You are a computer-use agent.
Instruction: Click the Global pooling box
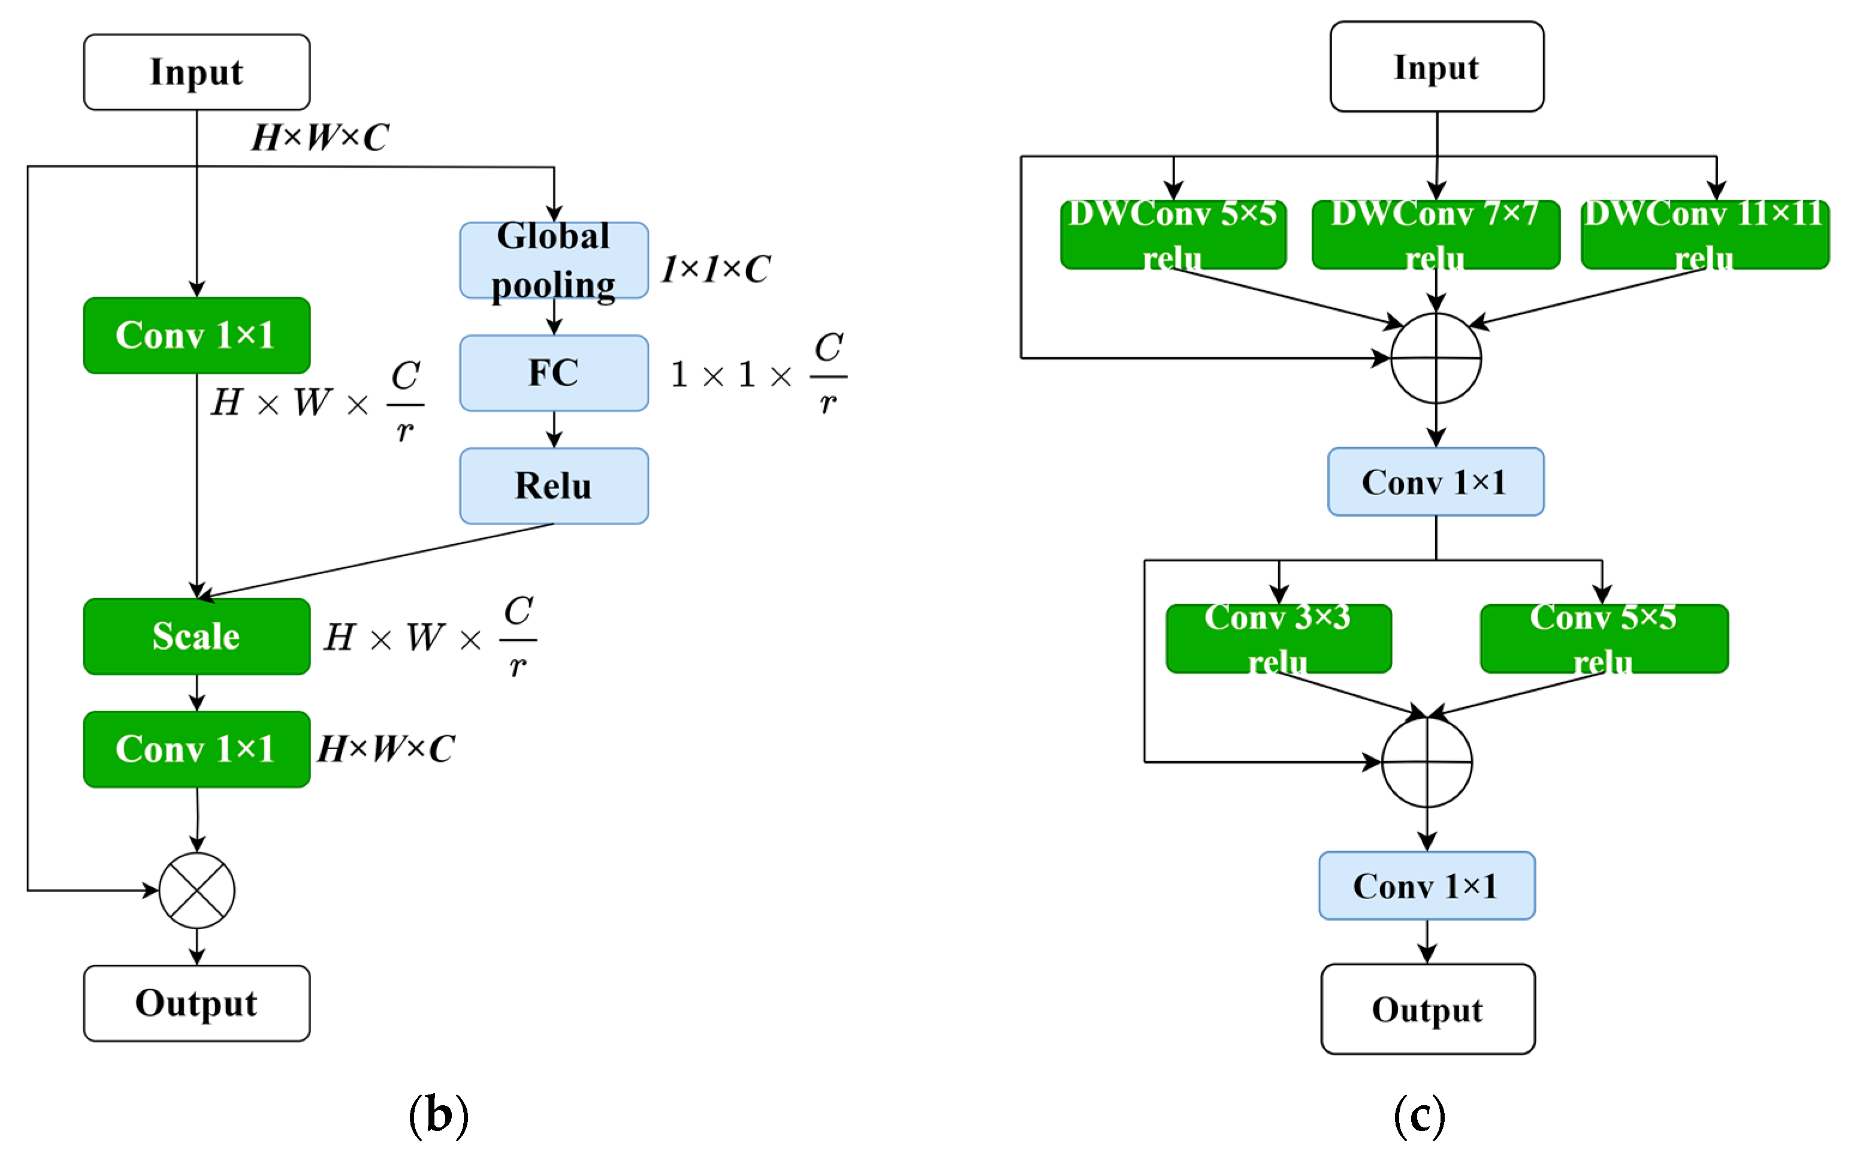point(553,260)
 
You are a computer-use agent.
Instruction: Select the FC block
point(553,373)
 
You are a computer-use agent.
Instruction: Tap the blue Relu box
point(553,485)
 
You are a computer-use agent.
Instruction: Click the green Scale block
point(197,636)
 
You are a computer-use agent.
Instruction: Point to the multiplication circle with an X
point(197,890)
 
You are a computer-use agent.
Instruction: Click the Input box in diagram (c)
point(1436,67)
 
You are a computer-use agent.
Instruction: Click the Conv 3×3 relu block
point(1278,638)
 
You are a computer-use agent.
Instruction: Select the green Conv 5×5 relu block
point(1603,638)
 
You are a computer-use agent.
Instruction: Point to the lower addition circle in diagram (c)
point(1426,762)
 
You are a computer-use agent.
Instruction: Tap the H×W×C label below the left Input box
point(320,138)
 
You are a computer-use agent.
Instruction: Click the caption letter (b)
point(438,1114)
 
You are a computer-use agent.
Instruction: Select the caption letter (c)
point(1419,1114)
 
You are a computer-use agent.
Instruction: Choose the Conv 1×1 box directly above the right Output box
point(1426,885)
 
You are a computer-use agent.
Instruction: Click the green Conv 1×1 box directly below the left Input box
point(197,336)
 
